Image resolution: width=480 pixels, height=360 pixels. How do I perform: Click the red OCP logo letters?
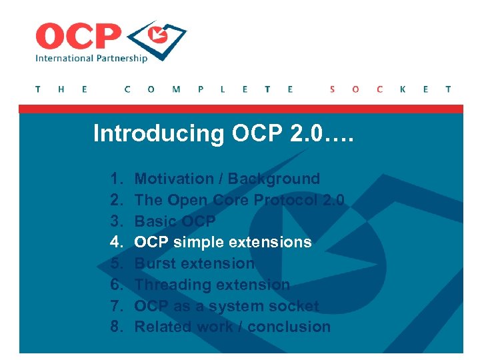click(78, 36)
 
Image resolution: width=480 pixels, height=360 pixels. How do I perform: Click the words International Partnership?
click(91, 59)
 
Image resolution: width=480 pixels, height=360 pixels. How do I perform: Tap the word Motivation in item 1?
click(173, 179)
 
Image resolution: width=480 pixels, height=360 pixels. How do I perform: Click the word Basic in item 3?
click(154, 221)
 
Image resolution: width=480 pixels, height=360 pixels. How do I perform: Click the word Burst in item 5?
click(154, 263)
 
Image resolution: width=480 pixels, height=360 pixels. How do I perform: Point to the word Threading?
click(169, 285)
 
